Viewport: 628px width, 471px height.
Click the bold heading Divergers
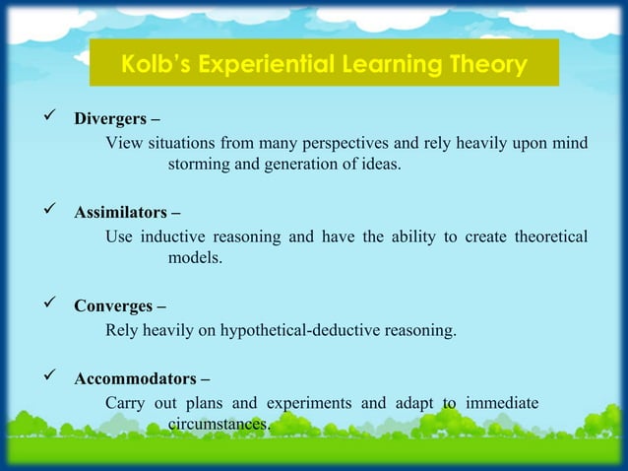[x=110, y=121]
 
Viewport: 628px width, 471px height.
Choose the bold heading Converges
[x=112, y=304]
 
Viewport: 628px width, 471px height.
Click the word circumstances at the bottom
[x=218, y=424]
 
